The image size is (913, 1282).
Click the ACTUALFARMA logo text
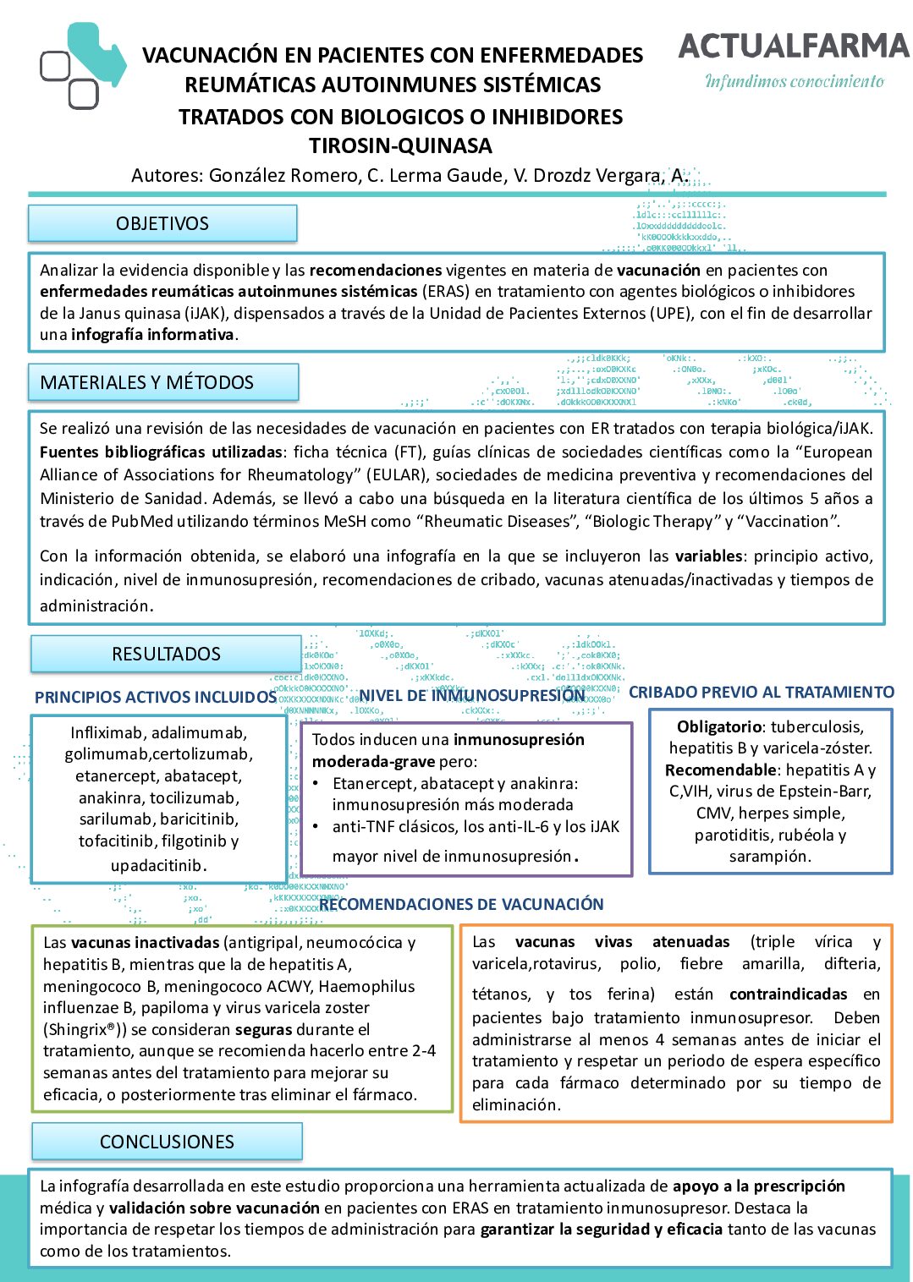793,46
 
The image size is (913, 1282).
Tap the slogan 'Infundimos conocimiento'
795,82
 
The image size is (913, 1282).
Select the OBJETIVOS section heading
162,224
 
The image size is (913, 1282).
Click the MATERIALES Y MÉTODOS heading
146,383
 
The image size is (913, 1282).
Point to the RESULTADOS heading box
166,655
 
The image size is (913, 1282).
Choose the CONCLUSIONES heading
167,1142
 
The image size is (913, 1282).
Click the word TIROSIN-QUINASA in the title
400,146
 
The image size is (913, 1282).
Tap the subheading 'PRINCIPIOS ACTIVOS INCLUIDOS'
156,698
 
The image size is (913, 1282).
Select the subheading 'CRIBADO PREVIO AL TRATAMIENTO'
761,693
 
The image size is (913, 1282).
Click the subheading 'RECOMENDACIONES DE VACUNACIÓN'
461,905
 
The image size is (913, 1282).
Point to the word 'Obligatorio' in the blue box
718,727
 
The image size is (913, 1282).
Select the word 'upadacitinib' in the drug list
157,865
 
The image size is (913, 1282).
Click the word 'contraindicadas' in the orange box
788,994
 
